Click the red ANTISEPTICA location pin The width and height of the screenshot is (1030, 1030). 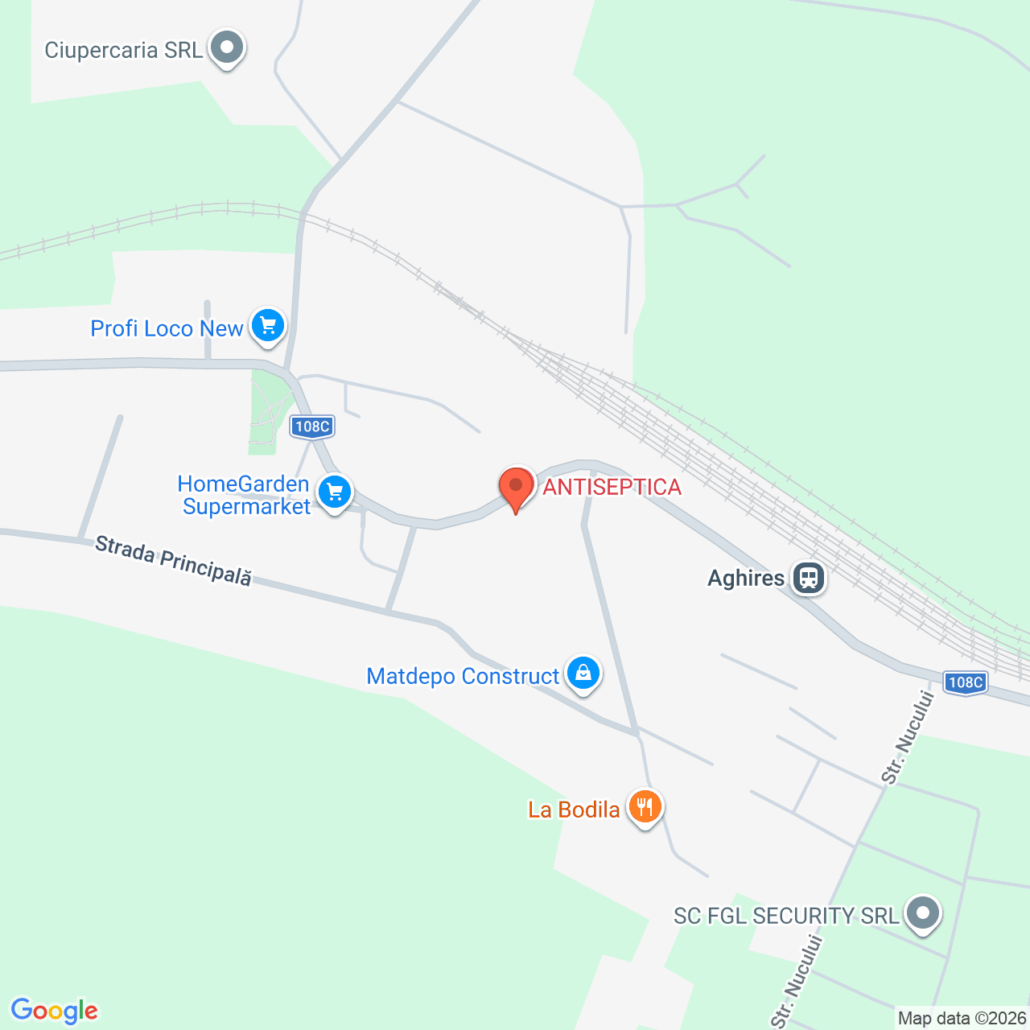pyautogui.click(x=516, y=486)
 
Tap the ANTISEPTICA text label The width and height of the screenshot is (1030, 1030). pyautogui.click(x=612, y=487)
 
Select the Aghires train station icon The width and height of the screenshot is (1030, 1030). pyautogui.click(x=808, y=578)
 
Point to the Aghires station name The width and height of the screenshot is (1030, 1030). pyautogui.click(x=746, y=579)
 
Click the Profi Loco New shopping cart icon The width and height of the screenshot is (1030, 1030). pyautogui.click(x=268, y=326)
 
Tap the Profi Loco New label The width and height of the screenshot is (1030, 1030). pyautogui.click(x=167, y=328)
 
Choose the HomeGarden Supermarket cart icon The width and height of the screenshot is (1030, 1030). pyautogui.click(x=335, y=492)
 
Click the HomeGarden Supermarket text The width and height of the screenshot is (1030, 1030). pyautogui.click(x=245, y=495)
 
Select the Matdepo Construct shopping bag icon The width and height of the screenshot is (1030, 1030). pyautogui.click(x=583, y=673)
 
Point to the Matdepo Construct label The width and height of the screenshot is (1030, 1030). pyautogui.click(x=463, y=676)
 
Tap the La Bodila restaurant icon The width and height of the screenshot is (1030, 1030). pyautogui.click(x=645, y=806)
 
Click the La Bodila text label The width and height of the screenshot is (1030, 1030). pyautogui.click(x=574, y=810)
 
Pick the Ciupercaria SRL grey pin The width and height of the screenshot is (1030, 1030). pyautogui.click(x=227, y=47)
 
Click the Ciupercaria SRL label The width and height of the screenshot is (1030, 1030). pyautogui.click(x=124, y=50)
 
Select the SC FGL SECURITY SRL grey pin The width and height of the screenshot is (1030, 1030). pyautogui.click(x=923, y=913)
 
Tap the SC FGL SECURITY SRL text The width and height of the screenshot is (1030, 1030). pyautogui.click(x=786, y=916)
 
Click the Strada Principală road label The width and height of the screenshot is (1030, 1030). pyautogui.click(x=173, y=561)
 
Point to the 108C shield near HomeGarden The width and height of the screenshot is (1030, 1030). pyautogui.click(x=312, y=426)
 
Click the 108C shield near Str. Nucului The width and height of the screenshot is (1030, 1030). pyautogui.click(x=965, y=682)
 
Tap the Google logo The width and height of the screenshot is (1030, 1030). pyautogui.click(x=55, y=1011)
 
